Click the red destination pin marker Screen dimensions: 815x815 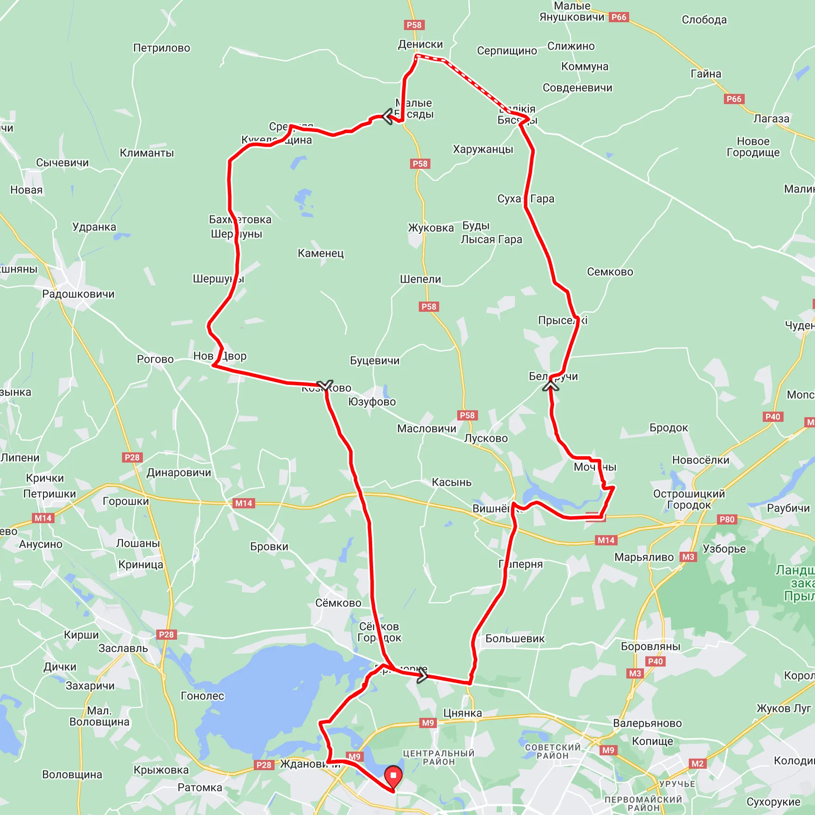(x=393, y=776)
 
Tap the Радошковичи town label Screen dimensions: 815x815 (x=78, y=294)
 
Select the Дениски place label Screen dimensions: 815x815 (x=420, y=44)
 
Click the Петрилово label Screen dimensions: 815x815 (x=161, y=48)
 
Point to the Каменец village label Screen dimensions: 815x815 (x=320, y=253)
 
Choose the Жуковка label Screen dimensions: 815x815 (x=430, y=228)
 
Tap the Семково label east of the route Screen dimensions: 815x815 (x=610, y=272)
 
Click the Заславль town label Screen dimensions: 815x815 (x=123, y=648)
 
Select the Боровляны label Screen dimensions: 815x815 (x=650, y=647)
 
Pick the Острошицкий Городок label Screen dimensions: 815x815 (x=689, y=500)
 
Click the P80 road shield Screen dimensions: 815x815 (x=727, y=519)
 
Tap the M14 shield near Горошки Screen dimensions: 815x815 (x=244, y=503)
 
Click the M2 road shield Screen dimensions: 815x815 (x=697, y=764)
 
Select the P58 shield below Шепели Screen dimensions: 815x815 (x=429, y=307)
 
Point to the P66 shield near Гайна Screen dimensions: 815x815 (x=734, y=99)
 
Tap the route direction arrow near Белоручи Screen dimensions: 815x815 (x=551, y=384)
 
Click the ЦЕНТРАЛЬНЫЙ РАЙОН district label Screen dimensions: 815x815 (x=439, y=758)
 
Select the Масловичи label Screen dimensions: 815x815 (x=426, y=429)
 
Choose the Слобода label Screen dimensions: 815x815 (x=704, y=20)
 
